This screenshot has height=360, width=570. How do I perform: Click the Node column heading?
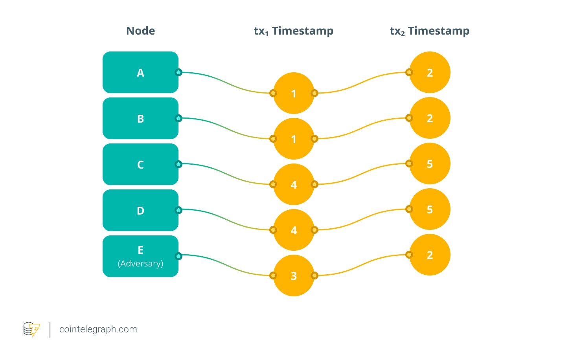pyautogui.click(x=140, y=31)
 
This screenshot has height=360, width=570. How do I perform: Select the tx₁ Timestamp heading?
pyautogui.click(x=293, y=31)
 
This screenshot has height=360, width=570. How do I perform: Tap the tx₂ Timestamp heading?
pyautogui.click(x=429, y=31)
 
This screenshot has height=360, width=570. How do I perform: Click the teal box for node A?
pyautogui.click(x=140, y=72)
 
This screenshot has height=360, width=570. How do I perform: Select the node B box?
pyautogui.click(x=140, y=118)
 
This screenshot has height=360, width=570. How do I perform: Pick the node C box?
pyautogui.click(x=140, y=164)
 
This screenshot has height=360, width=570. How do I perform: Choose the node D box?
pyautogui.click(x=140, y=210)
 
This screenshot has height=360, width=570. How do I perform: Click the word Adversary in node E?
pyautogui.click(x=140, y=263)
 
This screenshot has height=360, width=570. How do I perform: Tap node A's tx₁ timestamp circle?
pyautogui.click(x=294, y=93)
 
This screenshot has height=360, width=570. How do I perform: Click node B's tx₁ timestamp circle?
pyautogui.click(x=294, y=139)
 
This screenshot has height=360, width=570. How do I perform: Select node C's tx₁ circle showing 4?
pyautogui.click(x=294, y=184)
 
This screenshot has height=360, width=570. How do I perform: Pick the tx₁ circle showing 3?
pyautogui.click(x=294, y=276)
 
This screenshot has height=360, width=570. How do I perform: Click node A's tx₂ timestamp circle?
pyautogui.click(x=430, y=72)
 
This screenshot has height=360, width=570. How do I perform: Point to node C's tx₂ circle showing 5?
pyautogui.click(x=430, y=163)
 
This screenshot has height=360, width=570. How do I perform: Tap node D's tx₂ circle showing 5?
pyautogui.click(x=430, y=209)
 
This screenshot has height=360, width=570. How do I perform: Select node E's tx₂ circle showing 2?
pyautogui.click(x=430, y=255)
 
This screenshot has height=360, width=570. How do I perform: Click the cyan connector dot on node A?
pyautogui.click(x=178, y=72)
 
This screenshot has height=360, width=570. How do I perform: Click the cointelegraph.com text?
pyautogui.click(x=98, y=329)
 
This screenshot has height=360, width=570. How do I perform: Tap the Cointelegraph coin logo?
pyautogui.click(x=31, y=329)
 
